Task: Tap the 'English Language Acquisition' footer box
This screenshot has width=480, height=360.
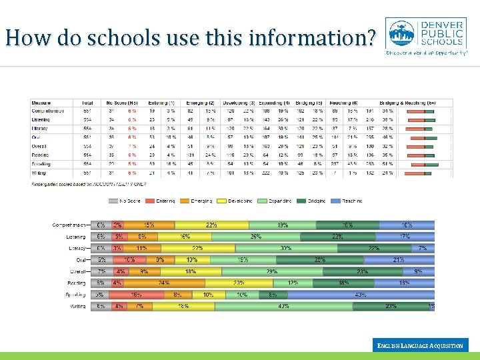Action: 420,345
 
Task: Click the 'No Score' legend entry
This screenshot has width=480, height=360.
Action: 126,200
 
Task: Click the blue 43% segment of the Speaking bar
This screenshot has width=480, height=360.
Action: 360,295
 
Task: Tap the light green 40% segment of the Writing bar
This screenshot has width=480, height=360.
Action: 283,307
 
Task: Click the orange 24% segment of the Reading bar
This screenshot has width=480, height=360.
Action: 163,283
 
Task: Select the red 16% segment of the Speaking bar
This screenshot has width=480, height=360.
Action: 136,295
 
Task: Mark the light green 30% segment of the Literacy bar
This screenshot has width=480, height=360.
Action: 286,248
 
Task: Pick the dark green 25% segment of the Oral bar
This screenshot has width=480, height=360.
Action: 320,259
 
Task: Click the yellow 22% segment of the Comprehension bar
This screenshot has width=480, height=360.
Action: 211,225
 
